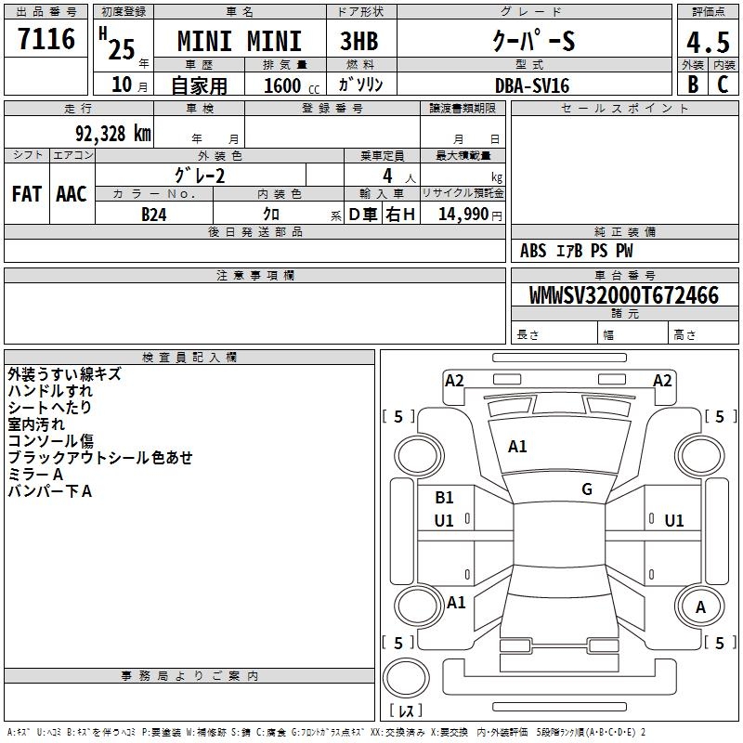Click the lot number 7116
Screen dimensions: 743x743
coord(46,39)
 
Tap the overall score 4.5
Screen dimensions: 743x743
coord(708,43)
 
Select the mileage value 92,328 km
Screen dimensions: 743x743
coord(113,134)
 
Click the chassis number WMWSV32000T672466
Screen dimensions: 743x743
coord(624,295)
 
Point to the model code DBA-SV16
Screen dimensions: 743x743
coord(532,85)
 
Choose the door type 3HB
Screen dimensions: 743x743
coord(359,41)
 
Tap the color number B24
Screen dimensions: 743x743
coord(154,215)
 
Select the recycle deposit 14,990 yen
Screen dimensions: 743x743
coord(470,215)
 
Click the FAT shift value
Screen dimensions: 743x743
coord(27,194)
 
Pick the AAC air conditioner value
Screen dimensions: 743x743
coord(72,194)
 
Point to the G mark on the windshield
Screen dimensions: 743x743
coord(587,489)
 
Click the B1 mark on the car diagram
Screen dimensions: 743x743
coord(444,498)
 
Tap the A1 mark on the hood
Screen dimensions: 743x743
coord(517,447)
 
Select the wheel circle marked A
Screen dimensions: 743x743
coord(700,607)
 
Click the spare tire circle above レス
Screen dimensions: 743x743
coord(406,678)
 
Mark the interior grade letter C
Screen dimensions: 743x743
coord(723,85)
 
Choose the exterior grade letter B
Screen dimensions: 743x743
coord(693,85)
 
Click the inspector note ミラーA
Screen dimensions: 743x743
coord(35,475)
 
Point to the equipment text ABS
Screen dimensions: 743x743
coord(533,251)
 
